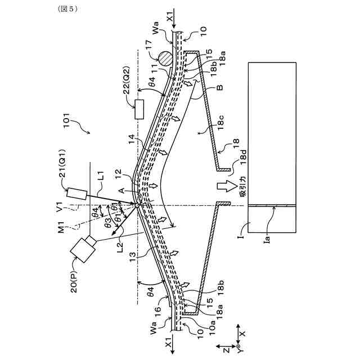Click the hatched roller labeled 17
(x=165, y=58)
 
